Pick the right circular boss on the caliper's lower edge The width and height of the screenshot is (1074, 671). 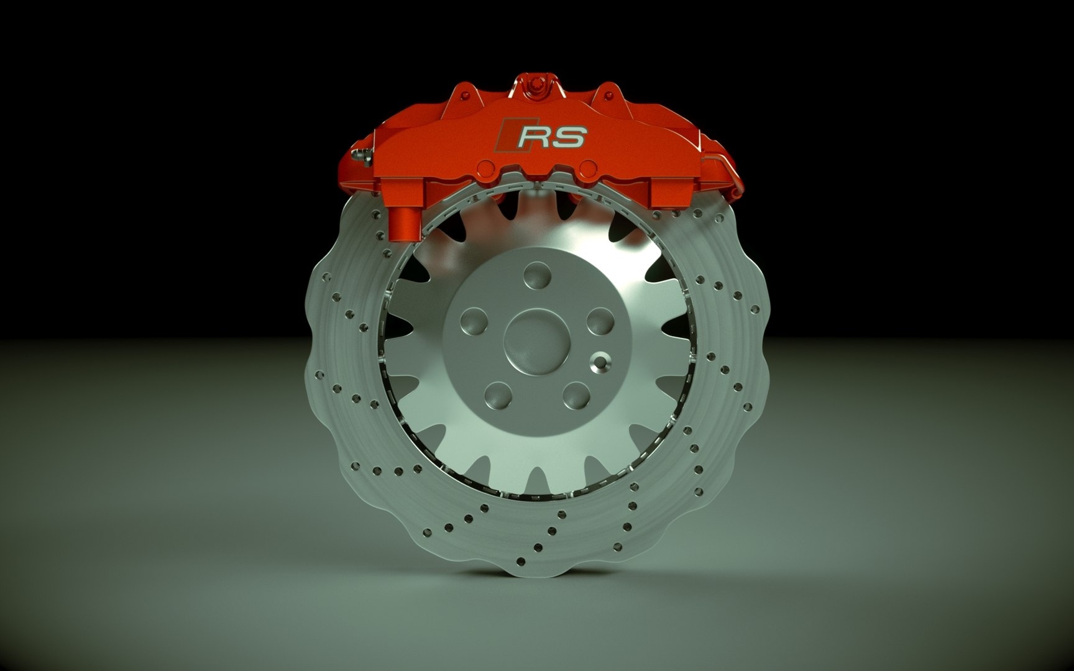point(588,167)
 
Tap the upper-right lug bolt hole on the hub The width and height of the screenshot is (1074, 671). point(599,322)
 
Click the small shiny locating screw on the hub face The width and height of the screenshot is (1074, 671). point(600,361)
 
